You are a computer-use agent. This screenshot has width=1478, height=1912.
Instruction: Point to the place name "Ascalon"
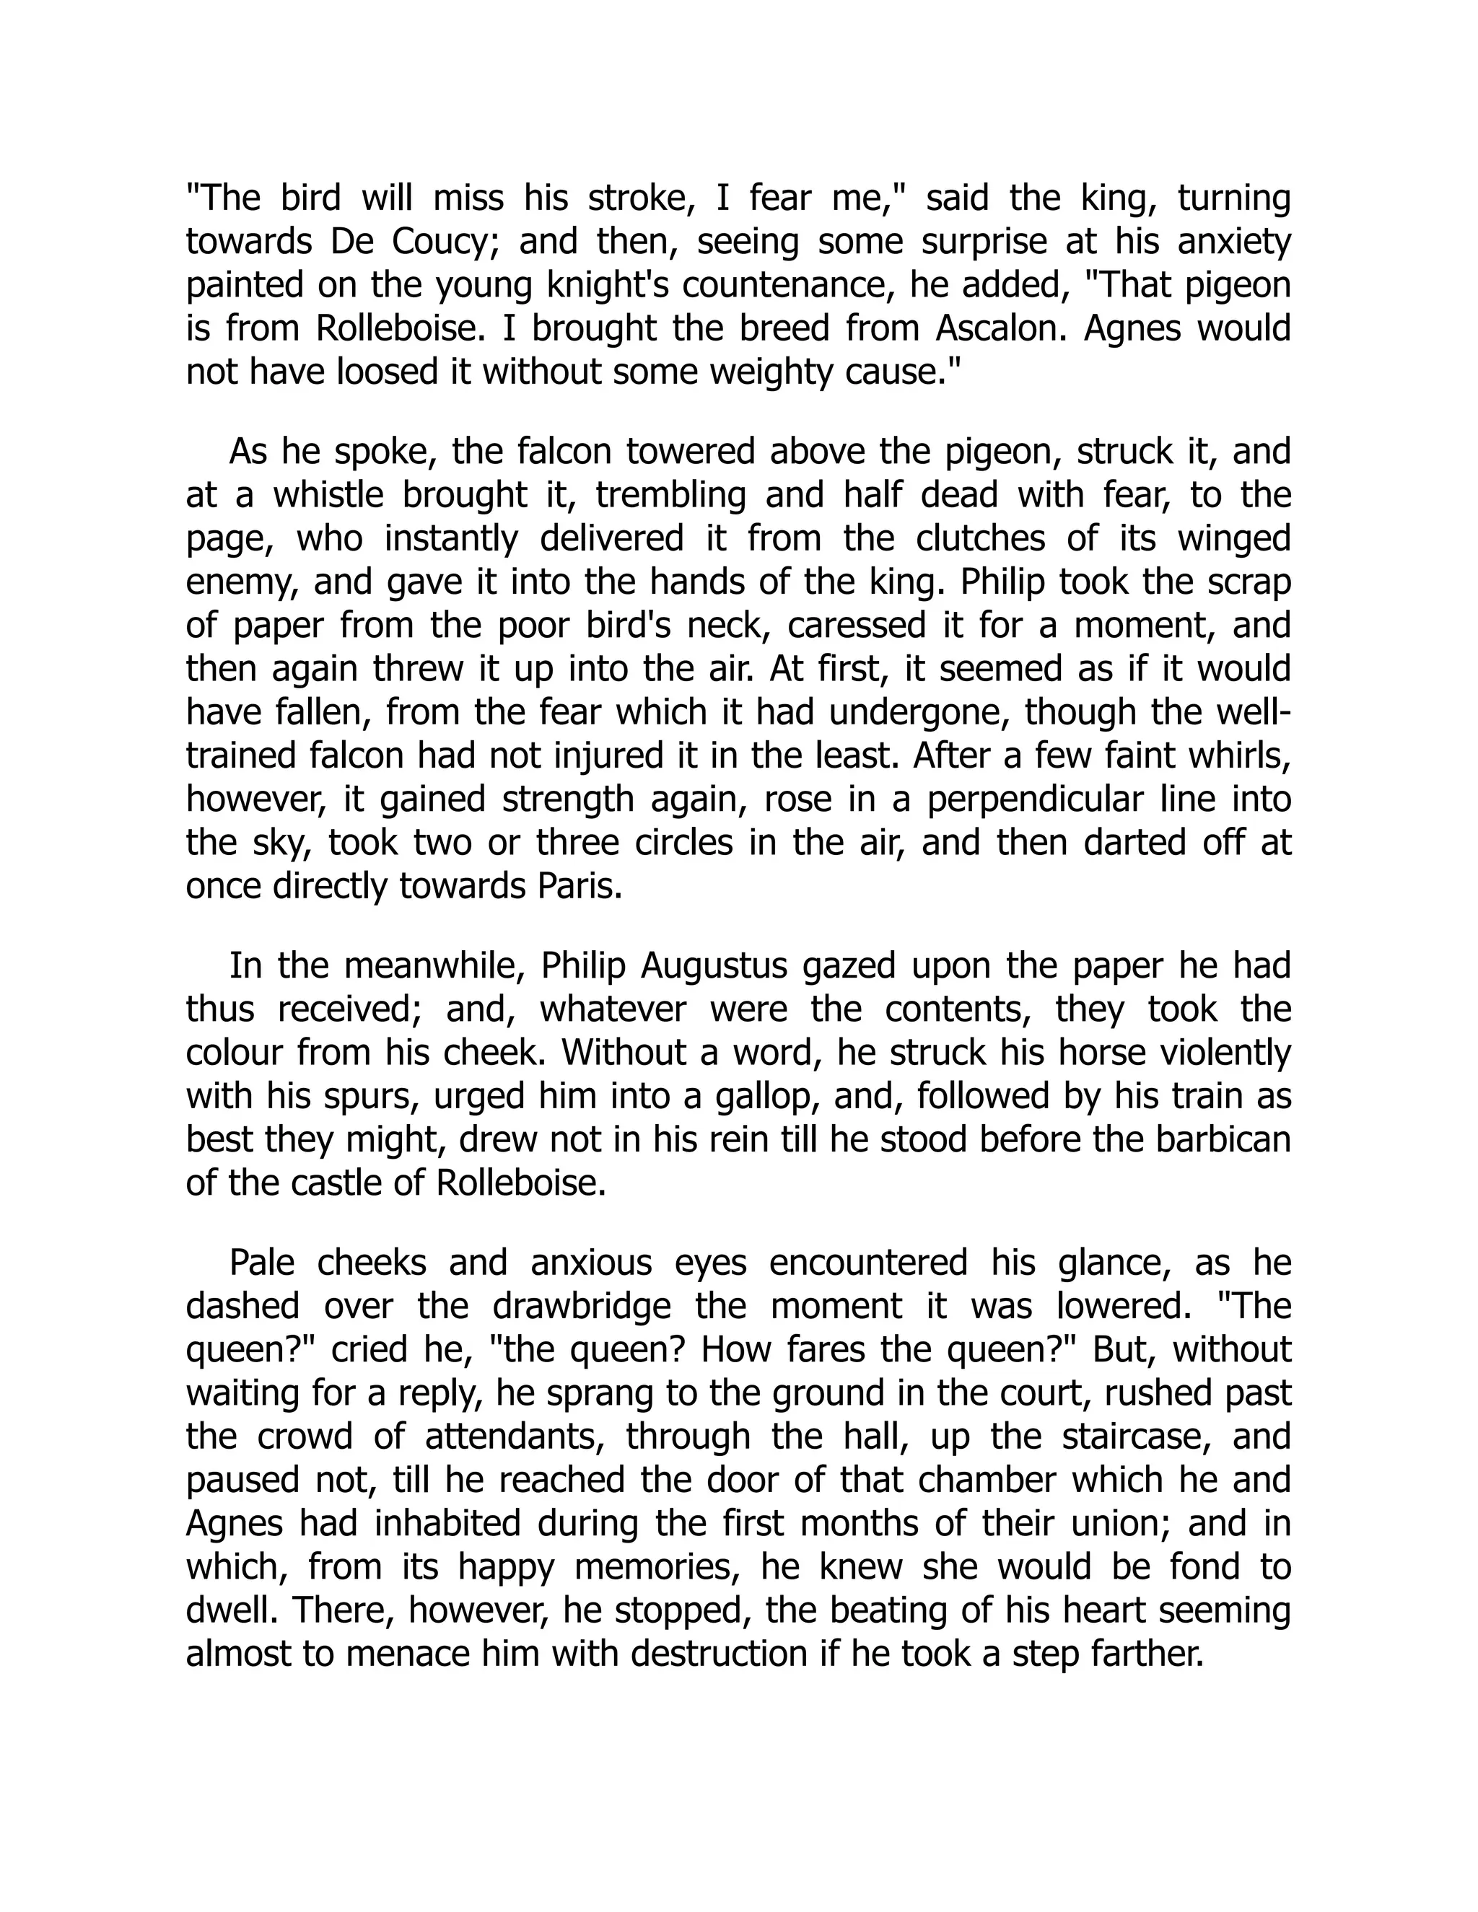coord(1005,328)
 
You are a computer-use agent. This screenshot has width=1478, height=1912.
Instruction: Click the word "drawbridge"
coord(582,1306)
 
